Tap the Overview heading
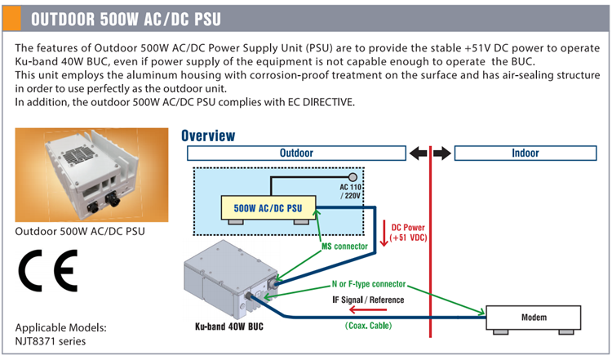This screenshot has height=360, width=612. (x=208, y=136)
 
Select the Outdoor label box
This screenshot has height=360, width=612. (x=296, y=153)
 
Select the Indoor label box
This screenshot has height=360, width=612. (x=525, y=153)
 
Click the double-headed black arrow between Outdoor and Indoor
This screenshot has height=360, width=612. (x=430, y=153)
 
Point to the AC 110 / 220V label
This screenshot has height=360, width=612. (x=352, y=193)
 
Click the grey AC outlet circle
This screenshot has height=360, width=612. (x=353, y=177)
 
